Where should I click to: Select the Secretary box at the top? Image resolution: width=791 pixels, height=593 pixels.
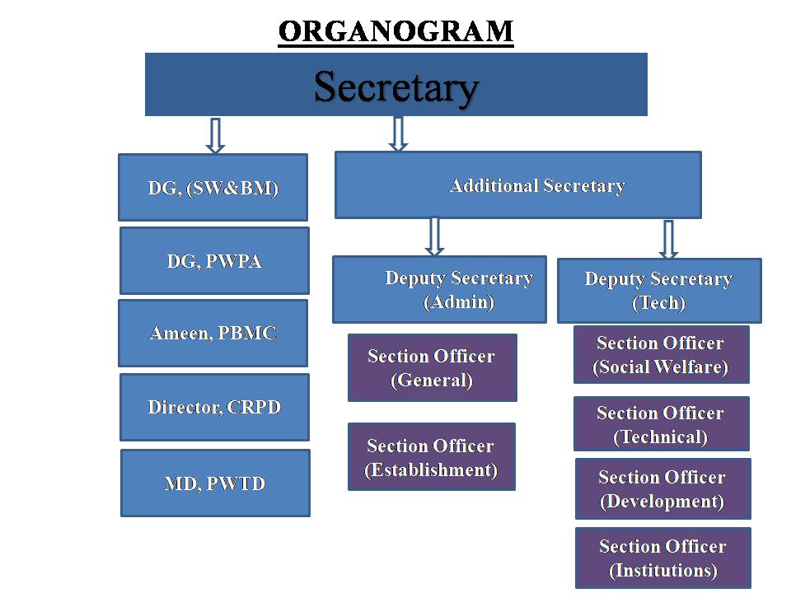coord(395,85)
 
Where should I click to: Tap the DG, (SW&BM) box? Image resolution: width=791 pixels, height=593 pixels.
coord(213,187)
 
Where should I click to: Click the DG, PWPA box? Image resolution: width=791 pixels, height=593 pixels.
coord(214,261)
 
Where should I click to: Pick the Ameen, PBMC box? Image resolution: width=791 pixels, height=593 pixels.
coord(213,333)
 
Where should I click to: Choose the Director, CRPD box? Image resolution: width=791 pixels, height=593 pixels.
coord(214,407)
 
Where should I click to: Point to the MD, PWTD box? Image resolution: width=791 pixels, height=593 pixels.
coord(215,483)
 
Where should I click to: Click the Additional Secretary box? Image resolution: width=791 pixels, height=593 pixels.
coord(517,185)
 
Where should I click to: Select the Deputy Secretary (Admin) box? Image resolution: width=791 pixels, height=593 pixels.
coord(439,289)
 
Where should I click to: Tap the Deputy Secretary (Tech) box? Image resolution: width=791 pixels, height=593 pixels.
coord(659,291)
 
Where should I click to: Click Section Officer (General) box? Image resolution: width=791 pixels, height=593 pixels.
coord(432,367)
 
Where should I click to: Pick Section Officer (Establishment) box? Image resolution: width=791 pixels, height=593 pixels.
coord(431,457)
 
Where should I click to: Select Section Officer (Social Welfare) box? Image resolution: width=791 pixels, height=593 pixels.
coord(661,354)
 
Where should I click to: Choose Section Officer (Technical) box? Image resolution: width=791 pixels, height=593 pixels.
coord(661,424)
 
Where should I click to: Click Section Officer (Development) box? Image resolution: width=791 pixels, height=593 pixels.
coord(662,488)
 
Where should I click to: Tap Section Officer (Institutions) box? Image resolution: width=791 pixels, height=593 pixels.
coord(662,558)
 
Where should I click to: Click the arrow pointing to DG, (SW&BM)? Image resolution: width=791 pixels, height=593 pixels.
coord(215,135)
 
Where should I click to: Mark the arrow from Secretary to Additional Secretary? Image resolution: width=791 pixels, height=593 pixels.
coord(398,133)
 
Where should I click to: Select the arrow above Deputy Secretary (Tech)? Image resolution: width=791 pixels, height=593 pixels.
coord(668,239)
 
